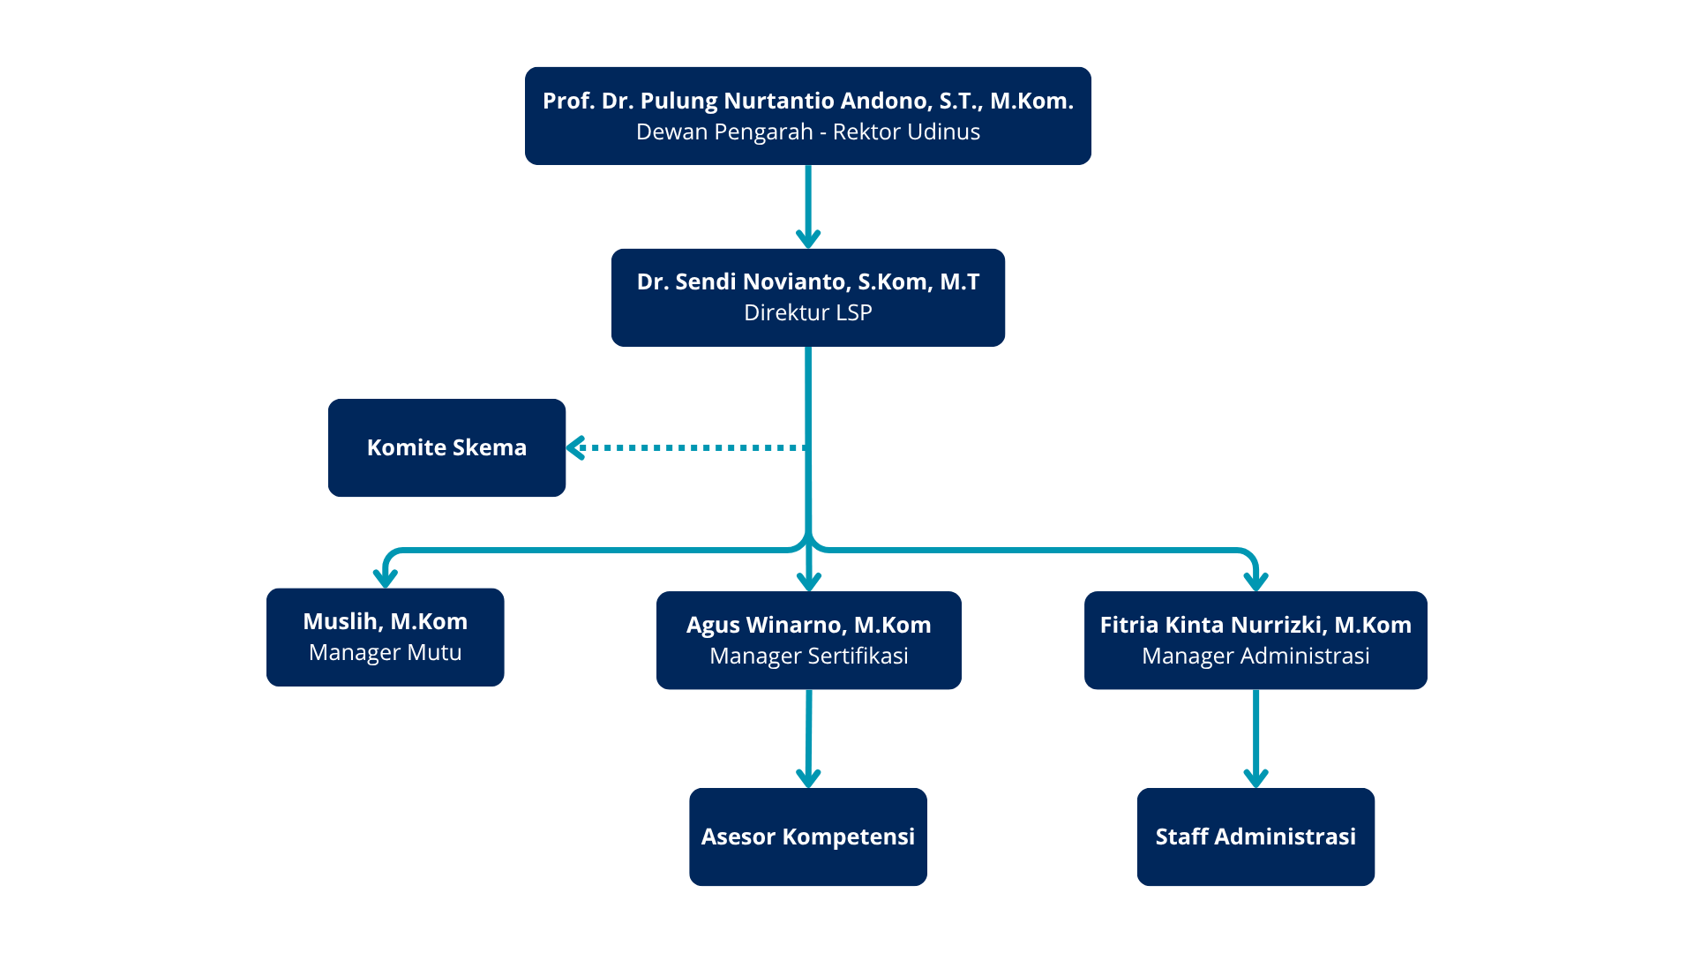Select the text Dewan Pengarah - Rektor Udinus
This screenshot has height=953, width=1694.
pyautogui.click(x=807, y=132)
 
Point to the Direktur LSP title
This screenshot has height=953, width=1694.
pyautogui.click(x=807, y=313)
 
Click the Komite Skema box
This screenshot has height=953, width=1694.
pyautogui.click(x=446, y=447)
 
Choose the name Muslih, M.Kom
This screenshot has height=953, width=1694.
pyautogui.click(x=385, y=621)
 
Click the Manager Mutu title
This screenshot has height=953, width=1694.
pyautogui.click(x=385, y=653)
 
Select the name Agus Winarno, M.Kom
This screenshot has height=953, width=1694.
pyautogui.click(x=808, y=625)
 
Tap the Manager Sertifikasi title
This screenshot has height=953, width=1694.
pyautogui.click(x=808, y=657)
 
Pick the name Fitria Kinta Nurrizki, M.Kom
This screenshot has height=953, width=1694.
pyautogui.click(x=1255, y=625)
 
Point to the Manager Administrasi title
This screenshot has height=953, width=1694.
pyautogui.click(x=1255, y=657)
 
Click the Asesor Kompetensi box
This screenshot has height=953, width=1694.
pyautogui.click(x=807, y=837)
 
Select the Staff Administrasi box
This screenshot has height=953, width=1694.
pyautogui.click(x=1255, y=837)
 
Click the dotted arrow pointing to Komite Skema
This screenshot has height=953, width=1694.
pyautogui.click(x=688, y=448)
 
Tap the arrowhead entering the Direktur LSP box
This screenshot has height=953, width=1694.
pyautogui.click(x=808, y=238)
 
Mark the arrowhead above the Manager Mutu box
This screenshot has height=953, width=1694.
pyautogui.click(x=386, y=578)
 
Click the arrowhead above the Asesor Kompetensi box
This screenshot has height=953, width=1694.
pyautogui.click(x=808, y=777)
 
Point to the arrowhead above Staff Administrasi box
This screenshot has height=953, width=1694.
pyautogui.click(x=1256, y=777)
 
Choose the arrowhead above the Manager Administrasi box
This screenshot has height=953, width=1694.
pyautogui.click(x=1256, y=581)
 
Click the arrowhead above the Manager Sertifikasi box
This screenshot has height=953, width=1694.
pyautogui.click(x=809, y=581)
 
